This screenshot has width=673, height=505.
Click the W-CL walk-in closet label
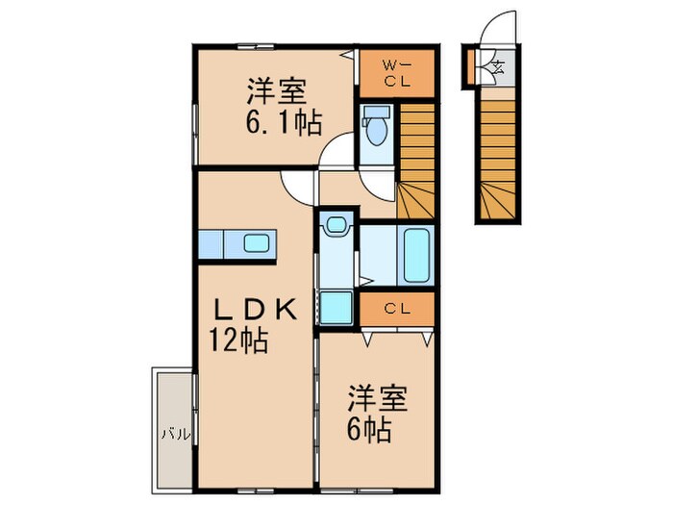(397, 73)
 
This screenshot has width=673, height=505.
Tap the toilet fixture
(376, 128)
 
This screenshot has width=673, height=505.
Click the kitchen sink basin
(256, 243)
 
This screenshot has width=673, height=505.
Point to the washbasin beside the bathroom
(336, 227)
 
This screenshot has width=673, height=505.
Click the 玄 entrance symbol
(499, 68)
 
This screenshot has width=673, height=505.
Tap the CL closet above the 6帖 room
(396, 310)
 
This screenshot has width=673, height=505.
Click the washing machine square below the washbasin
(336, 307)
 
